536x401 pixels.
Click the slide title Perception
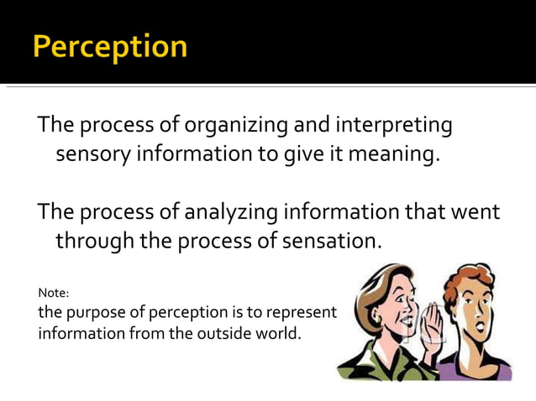110,46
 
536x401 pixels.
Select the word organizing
235,127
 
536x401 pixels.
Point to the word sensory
94,155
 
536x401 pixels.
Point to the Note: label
54,293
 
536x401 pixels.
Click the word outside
220,333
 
